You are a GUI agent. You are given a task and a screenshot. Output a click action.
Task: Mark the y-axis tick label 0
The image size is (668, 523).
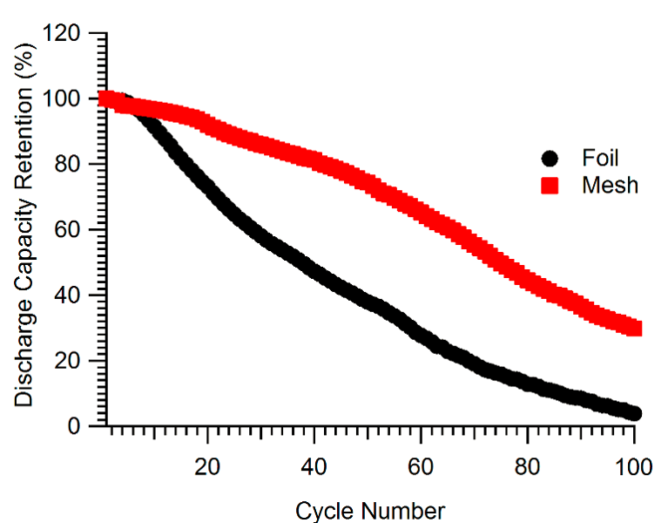(89, 426)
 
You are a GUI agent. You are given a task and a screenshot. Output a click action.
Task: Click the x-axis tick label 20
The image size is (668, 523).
(207, 466)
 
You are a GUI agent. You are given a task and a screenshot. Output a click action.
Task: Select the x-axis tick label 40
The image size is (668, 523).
(314, 466)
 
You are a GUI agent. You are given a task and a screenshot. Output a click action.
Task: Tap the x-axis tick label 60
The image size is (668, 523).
(421, 466)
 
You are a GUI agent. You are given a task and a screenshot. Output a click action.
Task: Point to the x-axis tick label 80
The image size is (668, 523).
(528, 466)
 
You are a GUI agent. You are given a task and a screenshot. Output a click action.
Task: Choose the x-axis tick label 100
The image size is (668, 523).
(633, 466)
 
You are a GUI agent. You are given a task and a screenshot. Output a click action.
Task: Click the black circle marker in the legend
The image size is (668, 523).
(550, 159)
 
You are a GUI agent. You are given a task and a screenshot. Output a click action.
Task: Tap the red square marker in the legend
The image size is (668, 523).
(550, 185)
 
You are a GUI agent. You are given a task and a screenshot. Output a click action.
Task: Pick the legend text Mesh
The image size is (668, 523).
(609, 185)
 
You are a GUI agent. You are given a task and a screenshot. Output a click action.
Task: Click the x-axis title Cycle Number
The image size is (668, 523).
(370, 510)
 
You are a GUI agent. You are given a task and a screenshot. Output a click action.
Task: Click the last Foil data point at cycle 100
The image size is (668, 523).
(634, 413)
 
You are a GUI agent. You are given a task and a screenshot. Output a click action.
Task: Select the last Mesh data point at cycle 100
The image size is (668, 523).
(634, 328)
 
